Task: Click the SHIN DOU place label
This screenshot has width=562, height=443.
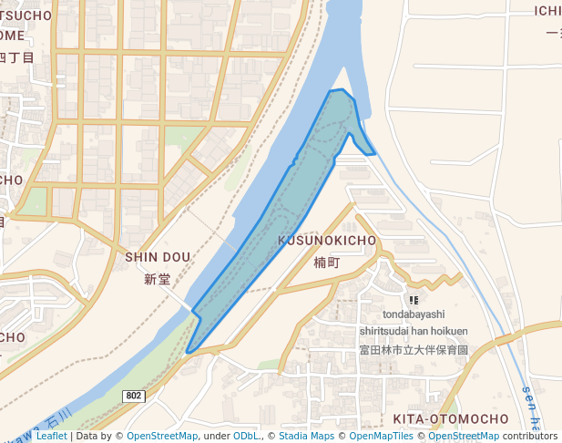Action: pos(158,257)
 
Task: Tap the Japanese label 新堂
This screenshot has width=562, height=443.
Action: pos(158,280)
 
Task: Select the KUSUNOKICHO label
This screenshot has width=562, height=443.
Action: pos(327,240)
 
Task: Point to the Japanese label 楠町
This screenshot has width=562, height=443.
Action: pos(326,263)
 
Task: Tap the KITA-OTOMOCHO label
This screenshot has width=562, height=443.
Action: pos(450,418)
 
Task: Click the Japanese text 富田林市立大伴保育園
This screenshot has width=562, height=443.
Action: pos(413,349)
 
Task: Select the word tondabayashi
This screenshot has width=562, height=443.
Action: pos(414,314)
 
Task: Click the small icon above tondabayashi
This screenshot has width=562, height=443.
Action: pos(414,299)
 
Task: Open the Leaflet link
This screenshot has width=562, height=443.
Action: pos(51,437)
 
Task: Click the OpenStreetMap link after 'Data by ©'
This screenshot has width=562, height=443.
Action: pos(161,437)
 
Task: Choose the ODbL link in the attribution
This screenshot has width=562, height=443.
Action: pos(246,437)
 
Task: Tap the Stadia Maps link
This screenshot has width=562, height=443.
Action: pos(306,437)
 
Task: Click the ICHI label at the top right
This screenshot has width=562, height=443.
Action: pos(547,11)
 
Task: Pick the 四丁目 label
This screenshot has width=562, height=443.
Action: pos(15,57)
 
